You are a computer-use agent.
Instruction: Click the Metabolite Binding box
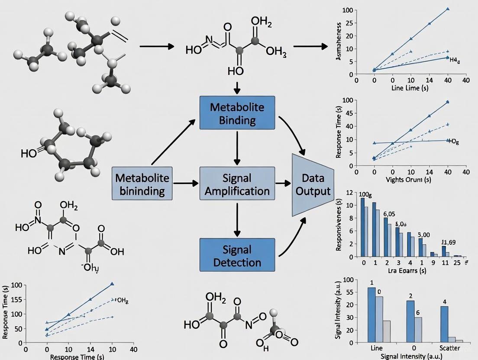pyautogui.click(x=237, y=112)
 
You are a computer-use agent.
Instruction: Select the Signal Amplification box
pyautogui.click(x=237, y=183)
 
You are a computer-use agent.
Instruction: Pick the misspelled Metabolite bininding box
pyautogui.click(x=143, y=183)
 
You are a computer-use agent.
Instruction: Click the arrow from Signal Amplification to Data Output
pyautogui.click(x=283, y=183)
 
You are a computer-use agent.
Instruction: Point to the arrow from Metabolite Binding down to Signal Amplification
pyautogui.click(x=237, y=147)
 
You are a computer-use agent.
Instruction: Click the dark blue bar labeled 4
pyautogui.click(x=444, y=324)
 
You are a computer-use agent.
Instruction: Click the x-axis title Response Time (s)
pyautogui.click(x=77, y=357)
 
